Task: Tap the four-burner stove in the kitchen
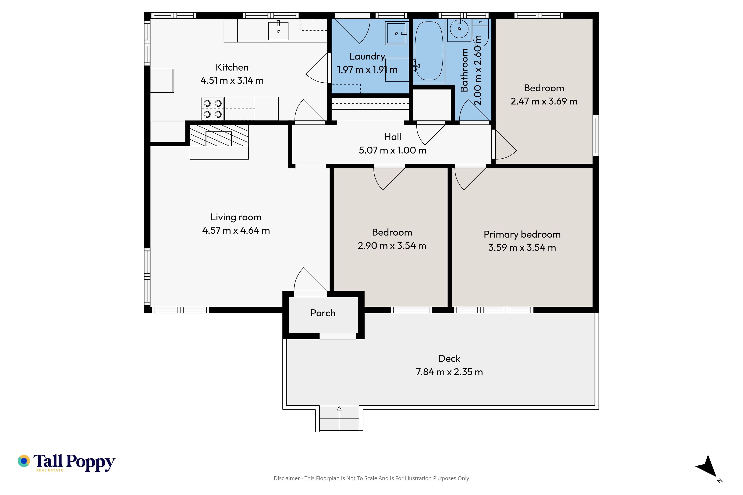(x=213, y=109)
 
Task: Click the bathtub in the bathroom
(x=429, y=51)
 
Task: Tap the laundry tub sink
(x=396, y=33)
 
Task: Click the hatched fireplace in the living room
(x=219, y=135)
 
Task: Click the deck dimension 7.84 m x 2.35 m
(x=449, y=372)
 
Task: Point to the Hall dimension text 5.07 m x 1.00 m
(x=393, y=150)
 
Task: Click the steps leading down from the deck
(x=339, y=418)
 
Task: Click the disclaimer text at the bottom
(x=371, y=478)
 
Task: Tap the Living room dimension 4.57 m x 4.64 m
(x=236, y=230)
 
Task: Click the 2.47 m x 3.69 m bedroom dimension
(x=544, y=101)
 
